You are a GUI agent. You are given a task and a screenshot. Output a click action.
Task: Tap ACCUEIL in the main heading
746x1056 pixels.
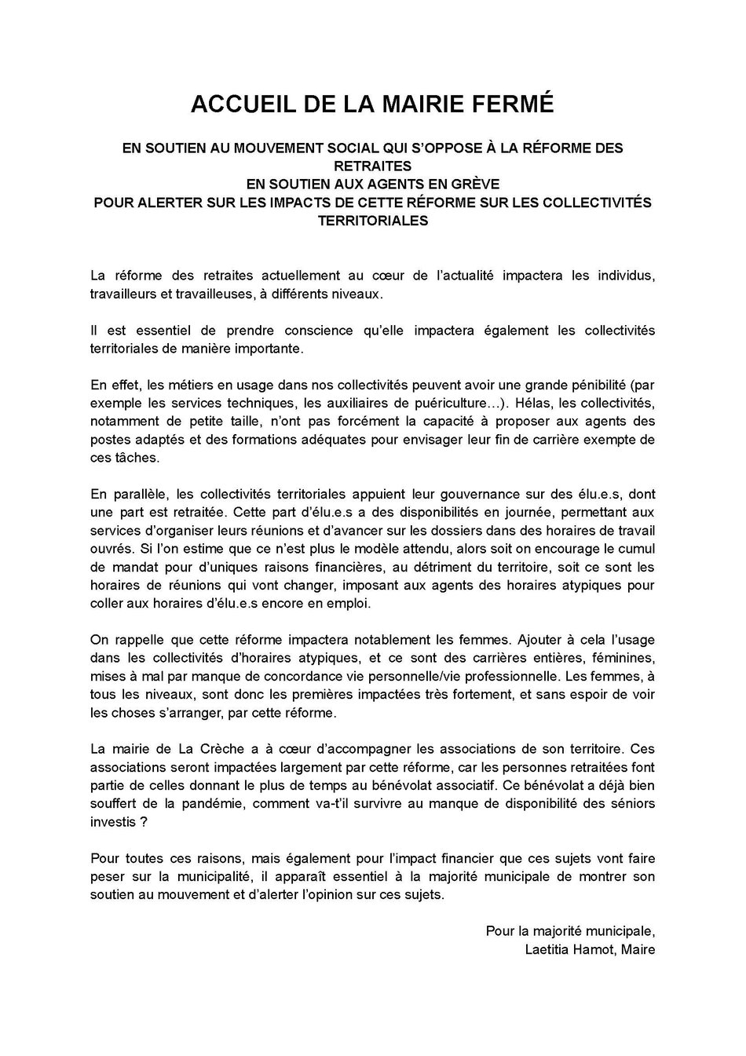(236, 104)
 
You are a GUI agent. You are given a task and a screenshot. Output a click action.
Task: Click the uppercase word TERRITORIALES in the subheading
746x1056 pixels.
(372, 221)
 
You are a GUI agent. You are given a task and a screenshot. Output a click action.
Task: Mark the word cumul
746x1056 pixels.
(637, 549)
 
